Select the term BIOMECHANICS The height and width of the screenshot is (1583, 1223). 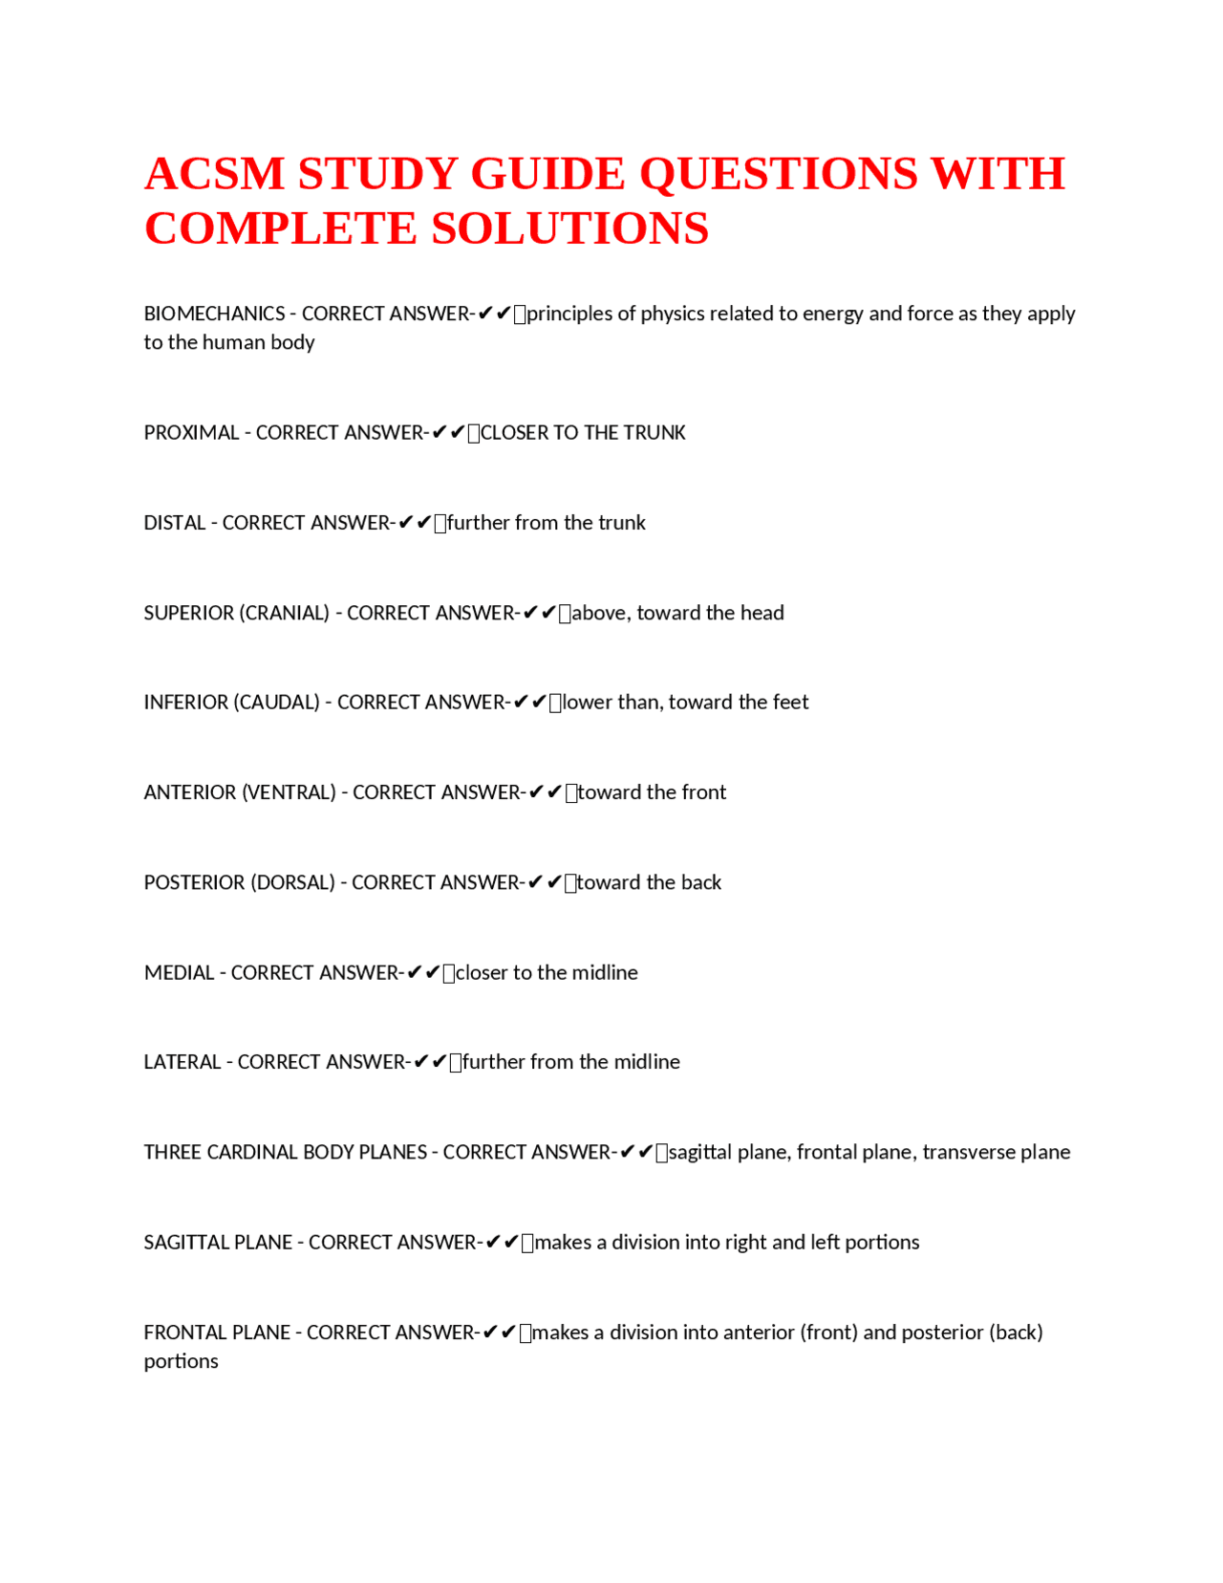point(214,314)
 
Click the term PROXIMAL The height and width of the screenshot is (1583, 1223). point(191,433)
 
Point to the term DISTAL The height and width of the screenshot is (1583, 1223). point(175,523)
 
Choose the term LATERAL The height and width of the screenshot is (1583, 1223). point(182,1062)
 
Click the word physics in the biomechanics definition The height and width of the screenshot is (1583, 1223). point(672,314)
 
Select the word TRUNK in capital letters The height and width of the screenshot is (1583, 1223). point(654,433)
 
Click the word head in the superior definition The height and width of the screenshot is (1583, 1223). point(762,613)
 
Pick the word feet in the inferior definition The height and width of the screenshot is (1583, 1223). point(790,703)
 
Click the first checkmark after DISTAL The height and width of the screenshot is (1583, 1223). point(405,523)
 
